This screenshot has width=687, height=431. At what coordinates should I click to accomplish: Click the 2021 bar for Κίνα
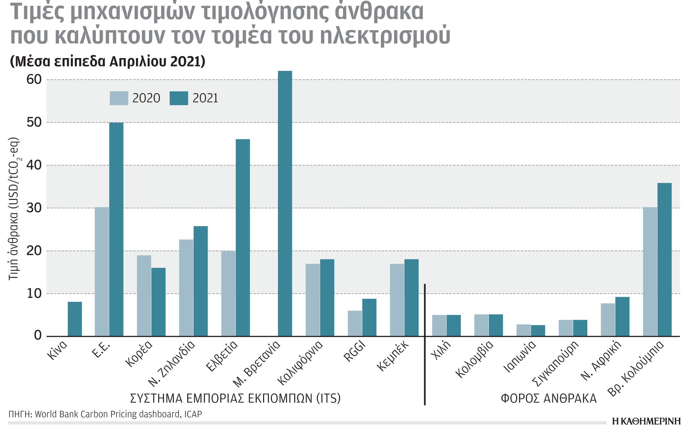tap(75, 319)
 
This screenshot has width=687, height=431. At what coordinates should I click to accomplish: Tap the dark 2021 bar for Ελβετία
tap(243, 238)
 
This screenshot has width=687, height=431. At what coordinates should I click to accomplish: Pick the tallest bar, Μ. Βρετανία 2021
tap(285, 203)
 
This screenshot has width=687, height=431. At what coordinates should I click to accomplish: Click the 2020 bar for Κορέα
tap(144, 296)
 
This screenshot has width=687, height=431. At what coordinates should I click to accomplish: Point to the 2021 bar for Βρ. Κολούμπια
tap(664, 259)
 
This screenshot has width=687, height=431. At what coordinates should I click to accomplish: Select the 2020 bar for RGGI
tap(355, 323)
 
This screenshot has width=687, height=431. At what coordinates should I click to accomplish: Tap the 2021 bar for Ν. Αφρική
tap(622, 316)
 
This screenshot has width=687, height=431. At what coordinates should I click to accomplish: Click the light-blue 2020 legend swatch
tap(119, 98)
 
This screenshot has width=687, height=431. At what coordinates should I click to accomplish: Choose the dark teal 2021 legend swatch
tap(179, 98)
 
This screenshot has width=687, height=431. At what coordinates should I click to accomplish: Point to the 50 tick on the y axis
tap(34, 122)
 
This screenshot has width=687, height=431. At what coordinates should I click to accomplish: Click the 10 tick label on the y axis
tap(34, 294)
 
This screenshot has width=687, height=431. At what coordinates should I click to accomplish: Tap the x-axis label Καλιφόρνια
tap(300, 363)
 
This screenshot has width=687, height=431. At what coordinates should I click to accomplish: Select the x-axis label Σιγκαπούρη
tap(555, 363)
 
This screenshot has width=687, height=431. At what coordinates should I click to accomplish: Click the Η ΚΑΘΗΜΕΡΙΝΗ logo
tap(646, 421)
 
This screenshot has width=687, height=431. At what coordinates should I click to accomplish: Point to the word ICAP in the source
tap(193, 414)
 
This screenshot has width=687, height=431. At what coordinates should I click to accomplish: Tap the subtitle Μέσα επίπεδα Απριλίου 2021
tap(108, 61)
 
